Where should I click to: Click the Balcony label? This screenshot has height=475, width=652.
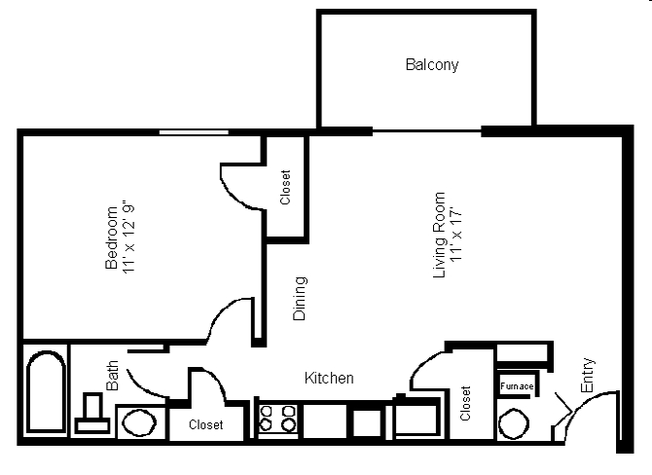coord(431,66)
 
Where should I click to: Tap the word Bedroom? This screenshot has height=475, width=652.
coord(111,237)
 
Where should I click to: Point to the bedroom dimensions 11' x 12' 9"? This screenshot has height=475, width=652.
coord(130,237)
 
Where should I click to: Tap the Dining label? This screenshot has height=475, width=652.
coord(300,298)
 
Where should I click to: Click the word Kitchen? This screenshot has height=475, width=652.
coord(329,378)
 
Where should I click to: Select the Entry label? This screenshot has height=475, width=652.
coord(587,376)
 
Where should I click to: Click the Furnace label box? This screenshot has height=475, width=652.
coord(516,386)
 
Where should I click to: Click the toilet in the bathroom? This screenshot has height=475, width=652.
coord(93,413)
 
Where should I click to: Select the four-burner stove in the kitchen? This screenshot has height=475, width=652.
coord(277,419)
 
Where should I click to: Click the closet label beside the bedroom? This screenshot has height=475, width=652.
coord(285,188)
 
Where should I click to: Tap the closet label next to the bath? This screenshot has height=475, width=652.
coord(205,425)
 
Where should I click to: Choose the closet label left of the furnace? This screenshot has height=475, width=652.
coord(465,403)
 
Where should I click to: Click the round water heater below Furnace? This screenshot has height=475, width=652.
coord(513,422)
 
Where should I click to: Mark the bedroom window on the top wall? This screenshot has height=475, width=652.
coord(195,131)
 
